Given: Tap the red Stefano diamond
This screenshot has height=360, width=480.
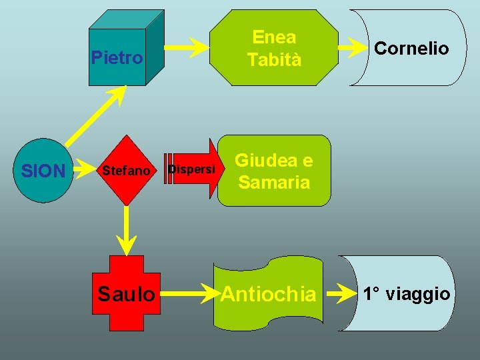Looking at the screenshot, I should (x=126, y=171).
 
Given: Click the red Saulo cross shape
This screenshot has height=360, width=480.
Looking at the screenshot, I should (x=126, y=293).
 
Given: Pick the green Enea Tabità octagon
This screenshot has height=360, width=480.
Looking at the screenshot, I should (x=274, y=48).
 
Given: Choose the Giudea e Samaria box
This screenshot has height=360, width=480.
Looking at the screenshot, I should (x=274, y=171).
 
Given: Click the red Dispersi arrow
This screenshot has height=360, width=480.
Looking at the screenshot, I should (x=193, y=170).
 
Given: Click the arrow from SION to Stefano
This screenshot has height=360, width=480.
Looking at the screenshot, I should (x=82, y=171).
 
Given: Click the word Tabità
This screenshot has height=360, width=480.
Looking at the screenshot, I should (x=274, y=59).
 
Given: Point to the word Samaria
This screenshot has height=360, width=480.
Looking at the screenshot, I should (x=274, y=182).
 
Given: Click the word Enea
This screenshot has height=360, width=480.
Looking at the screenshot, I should (x=274, y=37).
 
